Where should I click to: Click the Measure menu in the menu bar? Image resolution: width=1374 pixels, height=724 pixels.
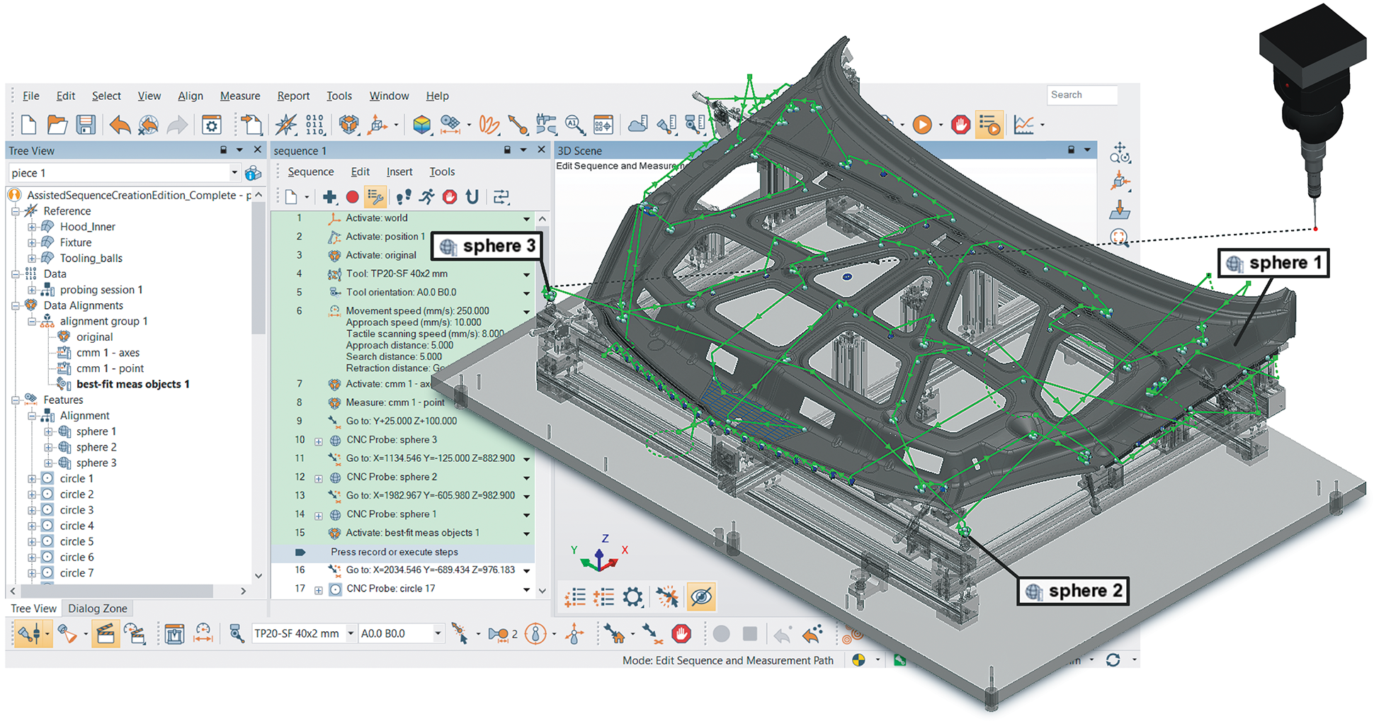click(239, 96)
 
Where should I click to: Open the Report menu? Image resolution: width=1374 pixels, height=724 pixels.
click(293, 96)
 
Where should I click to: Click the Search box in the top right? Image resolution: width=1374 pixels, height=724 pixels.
click(1081, 95)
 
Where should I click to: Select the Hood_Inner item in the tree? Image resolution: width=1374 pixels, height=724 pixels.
click(87, 227)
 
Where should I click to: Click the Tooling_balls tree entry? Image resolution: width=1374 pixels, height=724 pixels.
click(91, 258)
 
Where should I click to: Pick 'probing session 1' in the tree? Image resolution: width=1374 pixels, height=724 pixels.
click(101, 290)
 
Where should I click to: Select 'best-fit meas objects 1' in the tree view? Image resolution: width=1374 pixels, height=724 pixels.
click(132, 384)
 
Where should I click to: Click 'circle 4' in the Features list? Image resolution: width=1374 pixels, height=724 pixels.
click(76, 526)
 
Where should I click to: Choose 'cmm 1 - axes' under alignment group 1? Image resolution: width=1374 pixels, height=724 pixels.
click(108, 353)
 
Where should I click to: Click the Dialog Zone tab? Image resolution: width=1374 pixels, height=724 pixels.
click(98, 609)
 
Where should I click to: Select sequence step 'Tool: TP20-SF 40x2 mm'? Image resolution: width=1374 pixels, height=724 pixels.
click(396, 273)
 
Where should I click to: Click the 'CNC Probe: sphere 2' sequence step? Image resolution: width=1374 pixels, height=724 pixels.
click(391, 477)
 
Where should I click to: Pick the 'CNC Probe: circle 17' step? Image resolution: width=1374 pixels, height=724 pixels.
click(390, 589)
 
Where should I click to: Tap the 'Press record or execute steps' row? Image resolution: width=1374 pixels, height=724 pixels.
click(394, 552)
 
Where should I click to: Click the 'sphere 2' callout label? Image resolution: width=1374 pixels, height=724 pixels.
click(1074, 592)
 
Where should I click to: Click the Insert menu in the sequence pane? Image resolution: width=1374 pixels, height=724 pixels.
click(399, 171)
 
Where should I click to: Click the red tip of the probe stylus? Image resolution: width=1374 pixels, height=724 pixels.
click(1315, 229)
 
